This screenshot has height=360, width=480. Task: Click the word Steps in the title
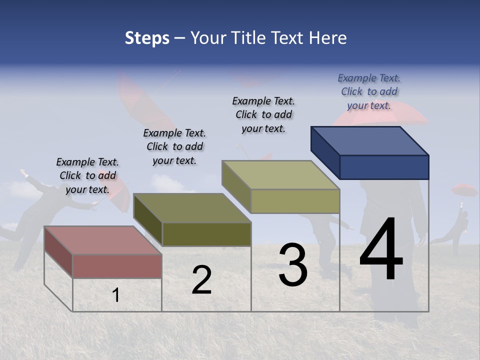147,38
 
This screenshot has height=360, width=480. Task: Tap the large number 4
381,250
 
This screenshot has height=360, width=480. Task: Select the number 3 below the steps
292,265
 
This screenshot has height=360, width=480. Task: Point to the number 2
201,280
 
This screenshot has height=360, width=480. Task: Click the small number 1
116,295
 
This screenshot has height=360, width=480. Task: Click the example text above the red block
87,175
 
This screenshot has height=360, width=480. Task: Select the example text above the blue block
369,91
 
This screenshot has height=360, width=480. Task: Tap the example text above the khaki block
263,114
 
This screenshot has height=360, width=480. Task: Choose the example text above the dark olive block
174,146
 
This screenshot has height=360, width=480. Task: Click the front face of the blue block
384,167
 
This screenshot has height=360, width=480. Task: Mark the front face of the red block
117,266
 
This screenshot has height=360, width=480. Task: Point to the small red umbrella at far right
464,189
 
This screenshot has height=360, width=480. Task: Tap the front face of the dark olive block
206,234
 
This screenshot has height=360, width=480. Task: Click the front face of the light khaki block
295,201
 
